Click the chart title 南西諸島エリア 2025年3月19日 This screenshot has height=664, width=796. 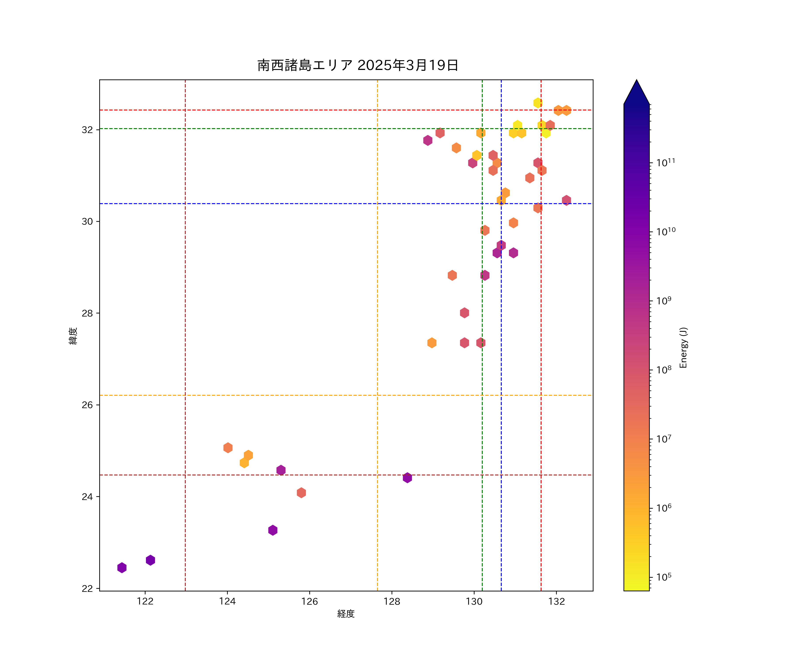click(x=358, y=65)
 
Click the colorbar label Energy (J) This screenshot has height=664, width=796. click(x=683, y=347)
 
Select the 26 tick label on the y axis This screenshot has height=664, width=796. click(x=87, y=405)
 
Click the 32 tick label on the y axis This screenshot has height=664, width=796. click(x=87, y=130)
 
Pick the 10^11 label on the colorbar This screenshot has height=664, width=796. click(x=666, y=163)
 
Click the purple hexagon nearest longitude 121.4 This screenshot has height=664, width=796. click(x=122, y=568)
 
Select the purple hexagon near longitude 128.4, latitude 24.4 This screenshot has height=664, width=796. click(x=407, y=478)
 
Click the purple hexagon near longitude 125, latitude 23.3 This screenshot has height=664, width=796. click(x=273, y=530)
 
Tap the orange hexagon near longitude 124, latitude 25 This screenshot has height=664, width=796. click(x=228, y=448)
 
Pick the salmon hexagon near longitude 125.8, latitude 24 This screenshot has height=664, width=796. click(x=301, y=493)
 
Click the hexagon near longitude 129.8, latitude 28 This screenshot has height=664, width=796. click(x=464, y=313)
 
